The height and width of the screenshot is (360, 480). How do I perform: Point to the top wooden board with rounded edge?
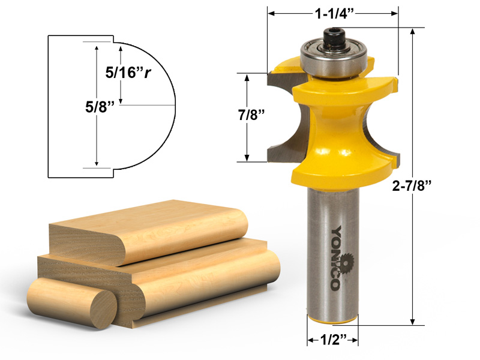(150, 231)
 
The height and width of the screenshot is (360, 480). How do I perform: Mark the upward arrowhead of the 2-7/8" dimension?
(413, 31)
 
